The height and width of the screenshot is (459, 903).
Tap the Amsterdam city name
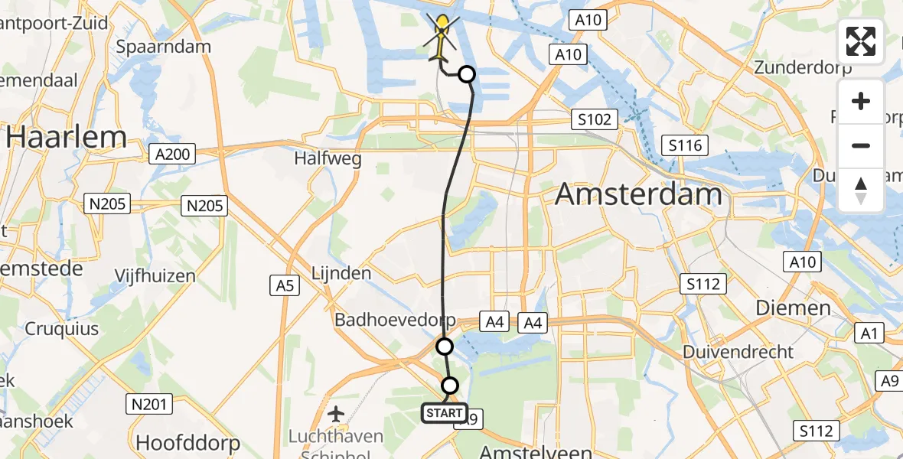(x=638, y=194)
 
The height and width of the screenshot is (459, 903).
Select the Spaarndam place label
(x=163, y=47)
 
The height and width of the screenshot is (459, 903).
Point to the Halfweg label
(x=327, y=159)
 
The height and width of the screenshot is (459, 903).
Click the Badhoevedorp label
(x=395, y=320)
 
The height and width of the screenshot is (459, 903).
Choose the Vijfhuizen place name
(x=155, y=275)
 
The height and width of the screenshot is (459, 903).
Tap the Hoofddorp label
(x=187, y=442)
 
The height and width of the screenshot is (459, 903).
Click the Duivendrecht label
(x=739, y=353)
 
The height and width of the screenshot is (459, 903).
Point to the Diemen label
(x=793, y=308)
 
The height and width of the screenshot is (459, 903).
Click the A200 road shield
(x=171, y=154)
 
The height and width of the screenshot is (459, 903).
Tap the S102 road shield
(x=595, y=119)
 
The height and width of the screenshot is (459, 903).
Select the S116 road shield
(x=685, y=145)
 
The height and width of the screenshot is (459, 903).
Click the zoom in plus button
(x=861, y=101)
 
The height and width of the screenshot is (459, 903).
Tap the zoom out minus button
(x=861, y=145)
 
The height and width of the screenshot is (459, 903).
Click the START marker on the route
(x=445, y=413)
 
